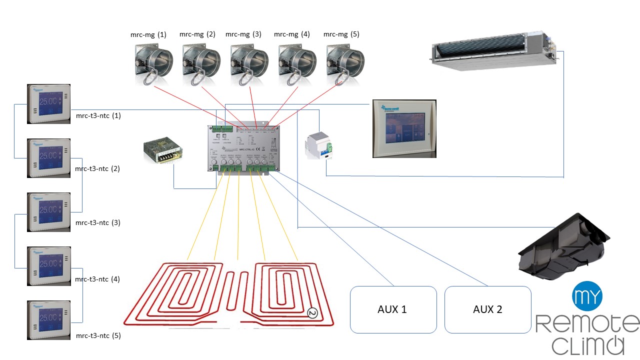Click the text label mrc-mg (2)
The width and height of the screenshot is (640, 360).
tap(197, 34)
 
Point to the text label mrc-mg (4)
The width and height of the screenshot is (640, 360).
tap(292, 34)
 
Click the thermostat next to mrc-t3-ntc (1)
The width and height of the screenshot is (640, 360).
tap(48, 104)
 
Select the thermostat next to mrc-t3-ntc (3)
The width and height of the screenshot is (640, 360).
tap(48, 212)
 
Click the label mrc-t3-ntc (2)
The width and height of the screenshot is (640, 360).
tap(97, 169)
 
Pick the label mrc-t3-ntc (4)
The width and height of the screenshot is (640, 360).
tap(97, 279)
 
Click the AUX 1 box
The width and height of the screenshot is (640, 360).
tap(393, 309)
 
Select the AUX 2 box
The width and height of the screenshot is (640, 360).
tap(487, 309)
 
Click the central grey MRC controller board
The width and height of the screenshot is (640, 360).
tap(243, 148)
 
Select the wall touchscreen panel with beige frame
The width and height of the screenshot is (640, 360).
tap(404, 128)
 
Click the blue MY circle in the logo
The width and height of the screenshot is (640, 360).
tap(587, 296)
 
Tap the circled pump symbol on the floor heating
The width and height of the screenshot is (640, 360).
tap(313, 313)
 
